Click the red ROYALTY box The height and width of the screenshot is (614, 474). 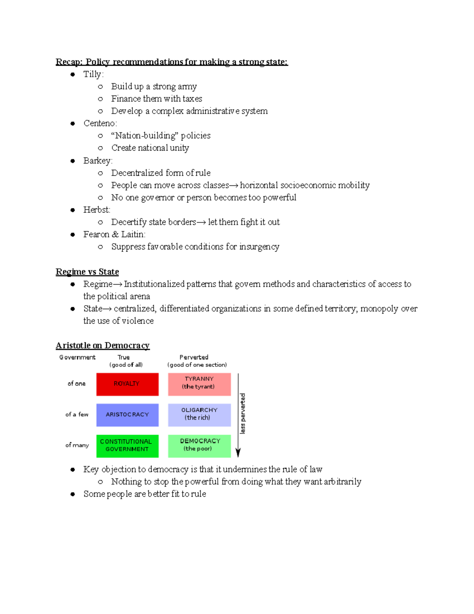[x=127, y=384]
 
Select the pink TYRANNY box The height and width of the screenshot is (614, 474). [x=199, y=384]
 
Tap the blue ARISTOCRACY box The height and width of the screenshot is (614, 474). [x=127, y=415]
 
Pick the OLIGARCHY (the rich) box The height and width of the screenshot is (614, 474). [x=199, y=415]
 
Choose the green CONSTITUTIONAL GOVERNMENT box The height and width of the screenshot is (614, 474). [x=127, y=446]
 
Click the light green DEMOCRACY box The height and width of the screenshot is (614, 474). [x=199, y=446]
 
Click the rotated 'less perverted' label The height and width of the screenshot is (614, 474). [x=243, y=414]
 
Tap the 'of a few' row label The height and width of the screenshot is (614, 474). [x=77, y=414]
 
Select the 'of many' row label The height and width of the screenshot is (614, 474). [x=77, y=445]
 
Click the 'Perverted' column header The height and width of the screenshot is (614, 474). [x=194, y=357]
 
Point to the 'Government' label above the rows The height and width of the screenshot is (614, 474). [x=77, y=357]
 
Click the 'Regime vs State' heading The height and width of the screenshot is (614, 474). [x=87, y=272]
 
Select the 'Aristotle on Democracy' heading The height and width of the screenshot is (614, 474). [x=103, y=346]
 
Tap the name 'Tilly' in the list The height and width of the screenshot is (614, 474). [x=92, y=74]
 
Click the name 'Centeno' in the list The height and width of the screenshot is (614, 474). [x=99, y=123]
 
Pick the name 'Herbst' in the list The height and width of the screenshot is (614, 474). [x=96, y=210]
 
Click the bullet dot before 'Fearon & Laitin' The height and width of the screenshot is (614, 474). [x=73, y=234]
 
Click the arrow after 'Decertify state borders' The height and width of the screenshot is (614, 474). [x=201, y=222]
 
